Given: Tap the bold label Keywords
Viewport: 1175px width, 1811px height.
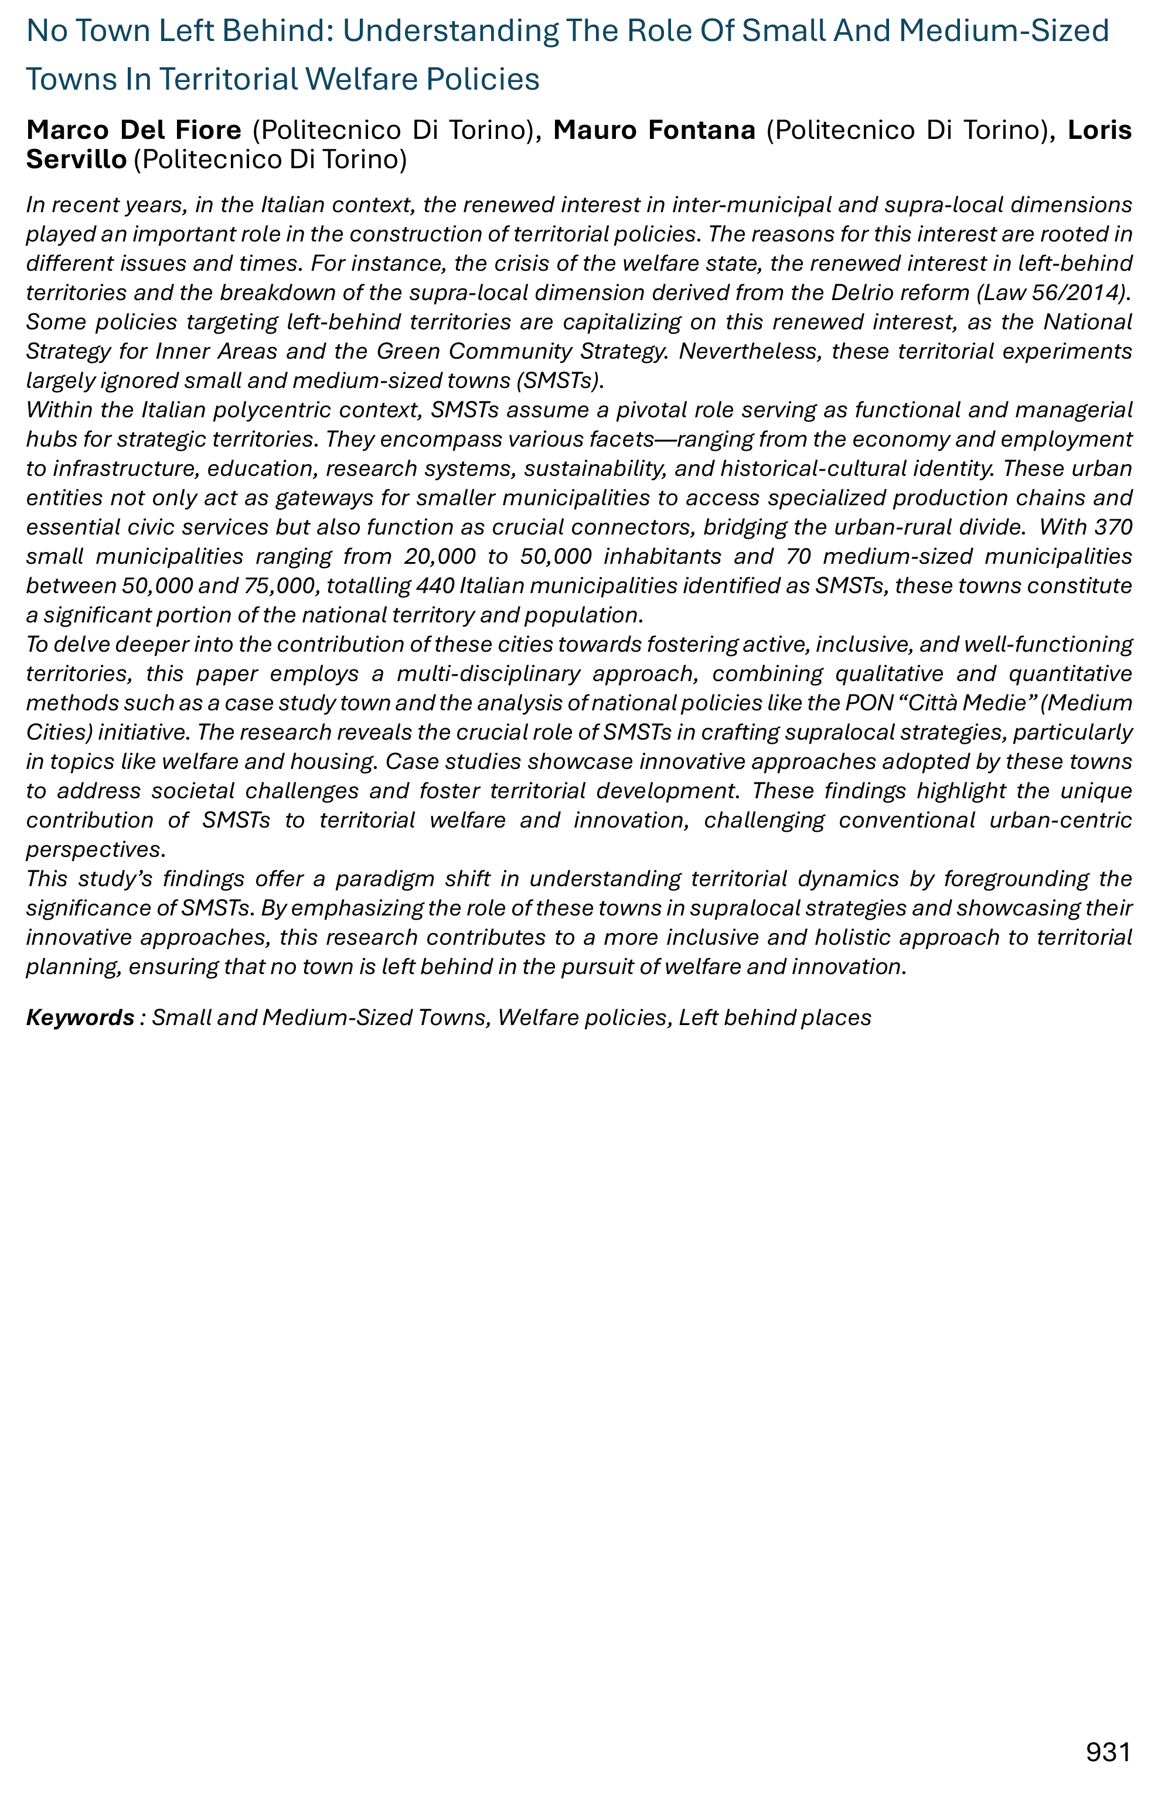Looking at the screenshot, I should point(80,1017).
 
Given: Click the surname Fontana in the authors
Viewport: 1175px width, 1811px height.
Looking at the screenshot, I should point(701,130).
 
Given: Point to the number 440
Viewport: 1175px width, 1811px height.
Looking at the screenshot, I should point(435,585).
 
